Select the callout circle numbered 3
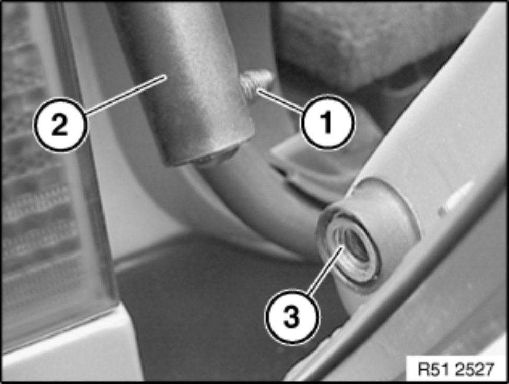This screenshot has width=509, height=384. (292, 317)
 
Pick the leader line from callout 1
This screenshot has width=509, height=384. (280, 102)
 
